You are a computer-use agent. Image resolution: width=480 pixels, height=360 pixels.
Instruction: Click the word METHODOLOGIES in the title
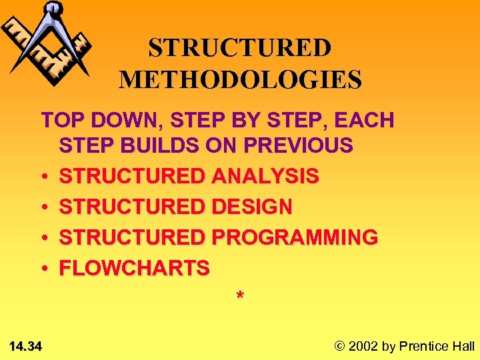coord(240,79)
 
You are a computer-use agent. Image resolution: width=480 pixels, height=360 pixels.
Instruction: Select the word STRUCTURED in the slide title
coord(239,49)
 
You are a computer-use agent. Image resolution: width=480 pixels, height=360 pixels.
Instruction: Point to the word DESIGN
coord(251,207)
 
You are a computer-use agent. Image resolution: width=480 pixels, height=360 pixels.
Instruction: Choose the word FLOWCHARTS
coord(135,268)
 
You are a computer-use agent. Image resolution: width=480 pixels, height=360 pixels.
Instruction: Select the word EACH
coord(365,121)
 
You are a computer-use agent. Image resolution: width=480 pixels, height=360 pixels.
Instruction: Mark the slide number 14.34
coord(26,346)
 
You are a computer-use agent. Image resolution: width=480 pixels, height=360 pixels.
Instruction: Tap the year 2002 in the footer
coord(362,346)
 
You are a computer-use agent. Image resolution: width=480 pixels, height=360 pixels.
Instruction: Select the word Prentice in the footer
coord(424,346)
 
